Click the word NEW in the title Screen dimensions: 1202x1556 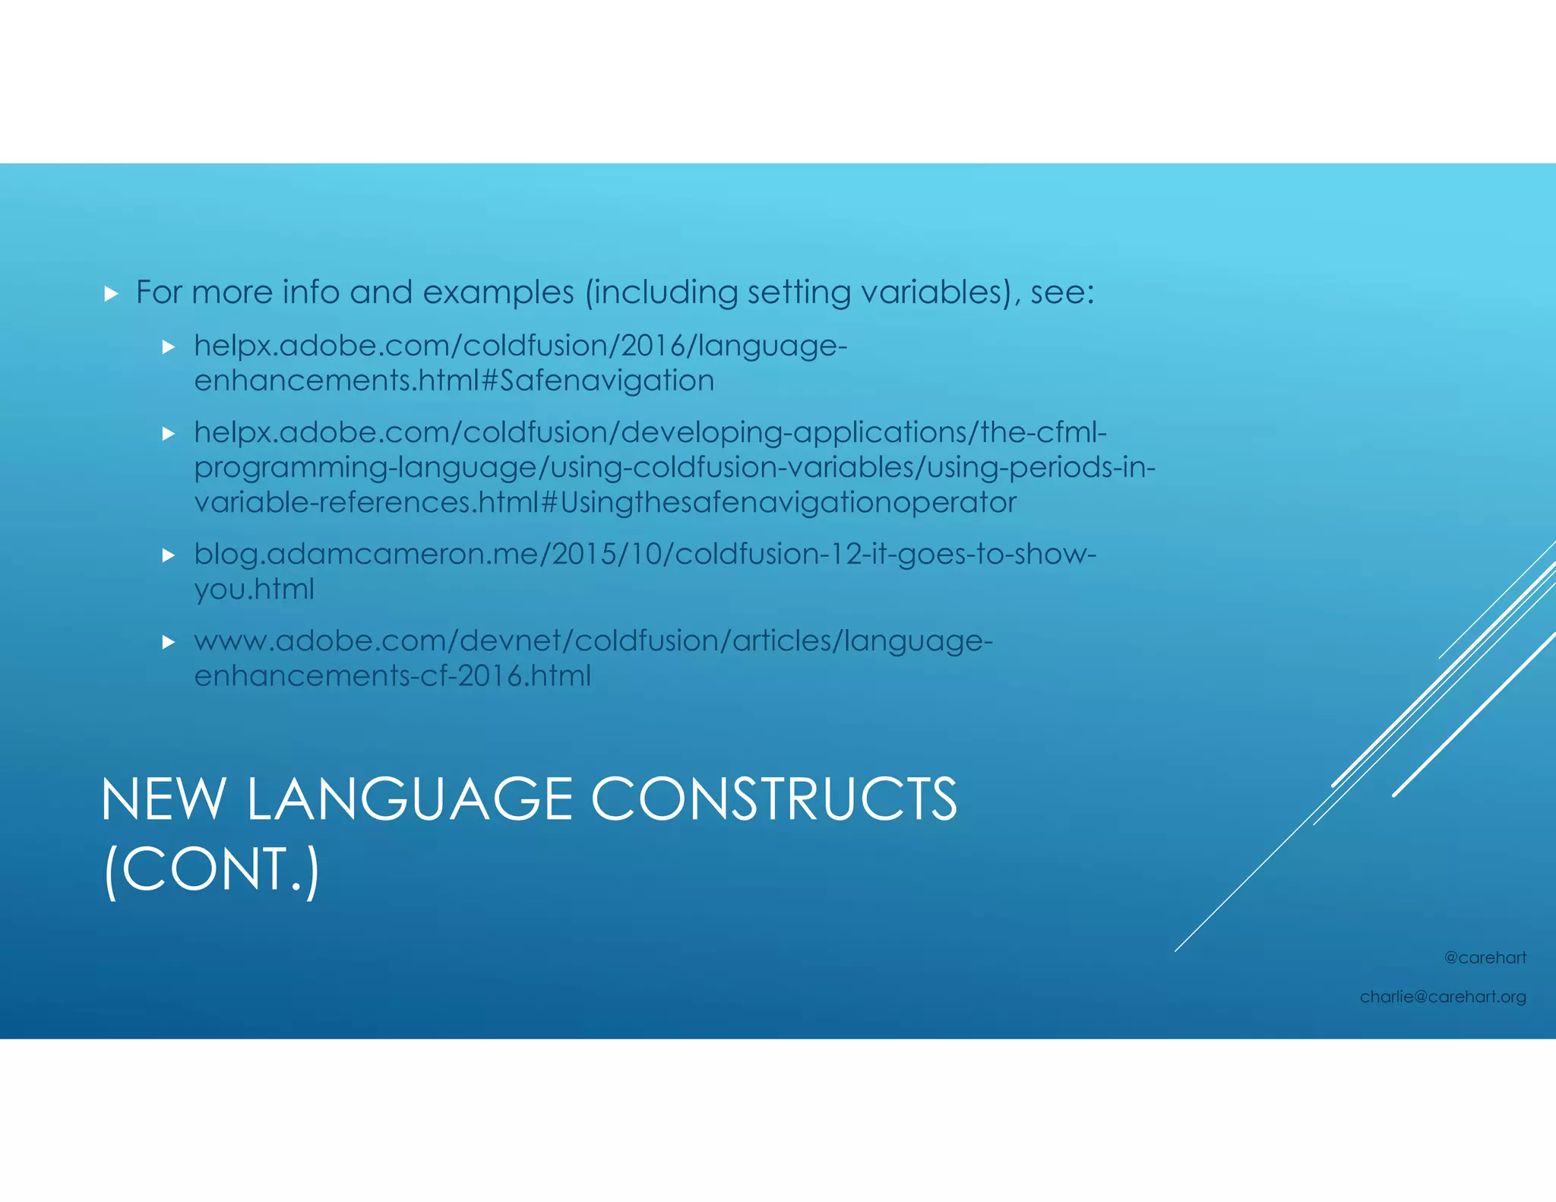[163, 800]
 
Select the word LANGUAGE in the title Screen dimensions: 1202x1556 [410, 800]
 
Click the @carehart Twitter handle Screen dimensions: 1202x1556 [1485, 957]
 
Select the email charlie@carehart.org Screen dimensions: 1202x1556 [1442, 996]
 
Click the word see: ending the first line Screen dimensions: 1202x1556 [1062, 293]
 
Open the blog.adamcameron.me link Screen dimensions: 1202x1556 [644, 554]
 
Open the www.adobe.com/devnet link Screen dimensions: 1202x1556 [593, 641]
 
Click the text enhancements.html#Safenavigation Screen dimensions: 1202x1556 [454, 381]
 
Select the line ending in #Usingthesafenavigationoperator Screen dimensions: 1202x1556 [605, 502]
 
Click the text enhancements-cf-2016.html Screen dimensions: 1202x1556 [392, 675]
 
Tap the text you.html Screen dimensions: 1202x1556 [254, 589]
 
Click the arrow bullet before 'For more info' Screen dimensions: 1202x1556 [112, 294]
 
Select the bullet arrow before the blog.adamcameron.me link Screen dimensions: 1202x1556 [169, 555]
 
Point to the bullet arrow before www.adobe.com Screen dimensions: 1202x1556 [169, 642]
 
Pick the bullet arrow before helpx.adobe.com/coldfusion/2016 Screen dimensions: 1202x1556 [169, 347]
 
